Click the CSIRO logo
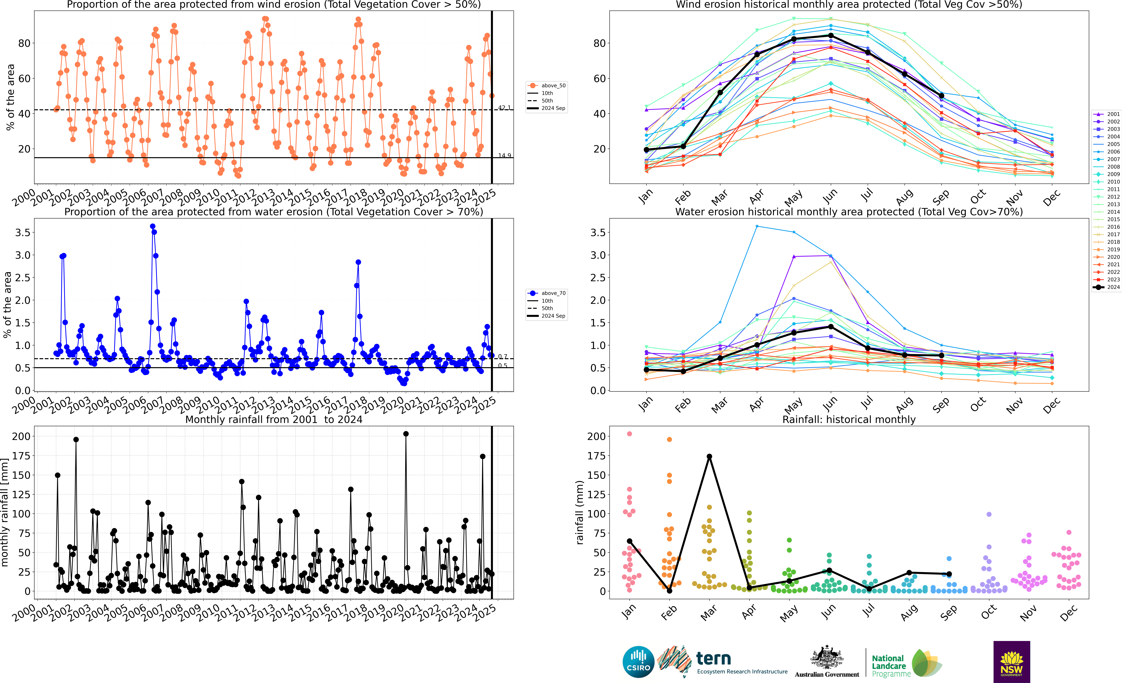pyautogui.click(x=638, y=662)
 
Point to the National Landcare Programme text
pyautogui.click(x=891, y=666)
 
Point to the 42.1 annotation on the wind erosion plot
pyautogui.click(x=504, y=108)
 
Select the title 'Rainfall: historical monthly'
pyautogui.click(x=849, y=419)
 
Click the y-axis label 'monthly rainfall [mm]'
pyautogui.click(x=5, y=513)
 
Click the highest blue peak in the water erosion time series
pyautogui.click(x=153, y=226)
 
